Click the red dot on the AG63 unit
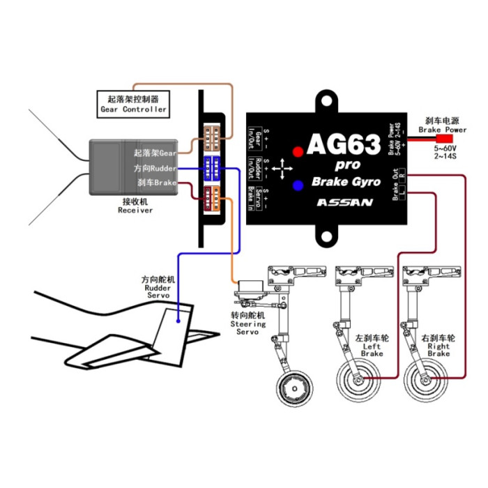298,151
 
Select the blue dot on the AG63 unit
298,185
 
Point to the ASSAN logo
344,203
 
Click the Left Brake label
372,346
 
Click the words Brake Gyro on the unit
346,182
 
